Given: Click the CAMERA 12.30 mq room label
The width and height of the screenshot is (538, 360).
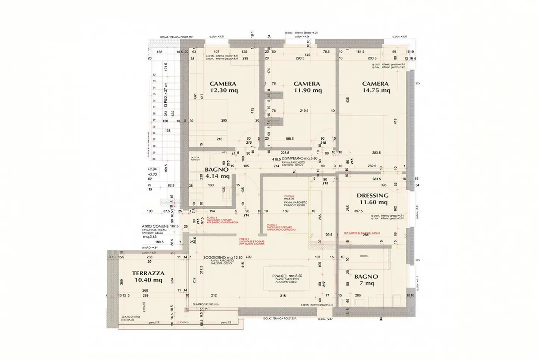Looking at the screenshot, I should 223,87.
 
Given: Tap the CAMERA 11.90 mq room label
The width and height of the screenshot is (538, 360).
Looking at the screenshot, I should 307,87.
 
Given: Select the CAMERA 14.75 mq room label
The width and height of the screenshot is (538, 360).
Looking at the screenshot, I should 375,87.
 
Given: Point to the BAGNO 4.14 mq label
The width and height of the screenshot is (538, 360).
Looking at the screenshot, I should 217,173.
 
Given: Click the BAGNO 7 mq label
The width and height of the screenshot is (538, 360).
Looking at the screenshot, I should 366,280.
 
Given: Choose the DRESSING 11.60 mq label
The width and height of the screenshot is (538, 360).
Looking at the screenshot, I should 373,199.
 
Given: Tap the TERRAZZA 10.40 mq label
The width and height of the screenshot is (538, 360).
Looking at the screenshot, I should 148,277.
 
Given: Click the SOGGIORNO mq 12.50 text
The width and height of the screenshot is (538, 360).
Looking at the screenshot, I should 223,258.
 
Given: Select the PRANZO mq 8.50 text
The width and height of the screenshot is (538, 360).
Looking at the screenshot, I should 287,276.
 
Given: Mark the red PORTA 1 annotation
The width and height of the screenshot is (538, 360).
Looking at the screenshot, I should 252,241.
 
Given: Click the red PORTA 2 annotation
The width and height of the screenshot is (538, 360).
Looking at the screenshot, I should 281,227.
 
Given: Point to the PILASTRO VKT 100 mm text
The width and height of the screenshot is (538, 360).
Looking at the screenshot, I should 205,304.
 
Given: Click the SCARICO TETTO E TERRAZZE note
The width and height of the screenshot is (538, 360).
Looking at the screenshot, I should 131,318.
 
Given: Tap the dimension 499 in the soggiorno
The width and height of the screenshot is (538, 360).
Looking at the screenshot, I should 248,257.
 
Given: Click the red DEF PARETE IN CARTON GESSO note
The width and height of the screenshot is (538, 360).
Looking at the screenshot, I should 362,233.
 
